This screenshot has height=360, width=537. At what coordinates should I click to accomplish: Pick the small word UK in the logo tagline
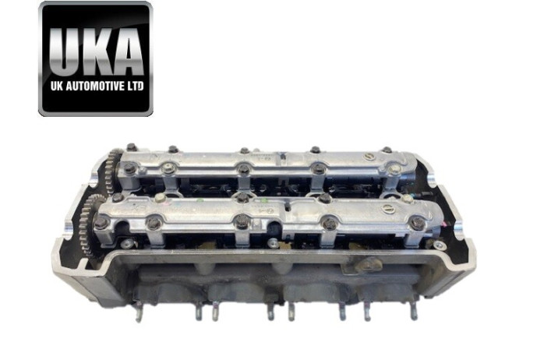click(x=57, y=90)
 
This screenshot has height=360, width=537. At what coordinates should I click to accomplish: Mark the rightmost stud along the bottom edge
click(x=414, y=311)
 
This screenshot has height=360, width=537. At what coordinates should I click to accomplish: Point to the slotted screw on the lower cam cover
click(x=266, y=211)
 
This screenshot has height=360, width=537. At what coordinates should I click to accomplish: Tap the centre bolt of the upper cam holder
click(x=244, y=169)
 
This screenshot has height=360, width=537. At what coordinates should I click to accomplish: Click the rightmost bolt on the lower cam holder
click(x=419, y=224)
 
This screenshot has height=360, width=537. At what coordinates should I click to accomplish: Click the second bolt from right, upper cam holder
click(x=318, y=168)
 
